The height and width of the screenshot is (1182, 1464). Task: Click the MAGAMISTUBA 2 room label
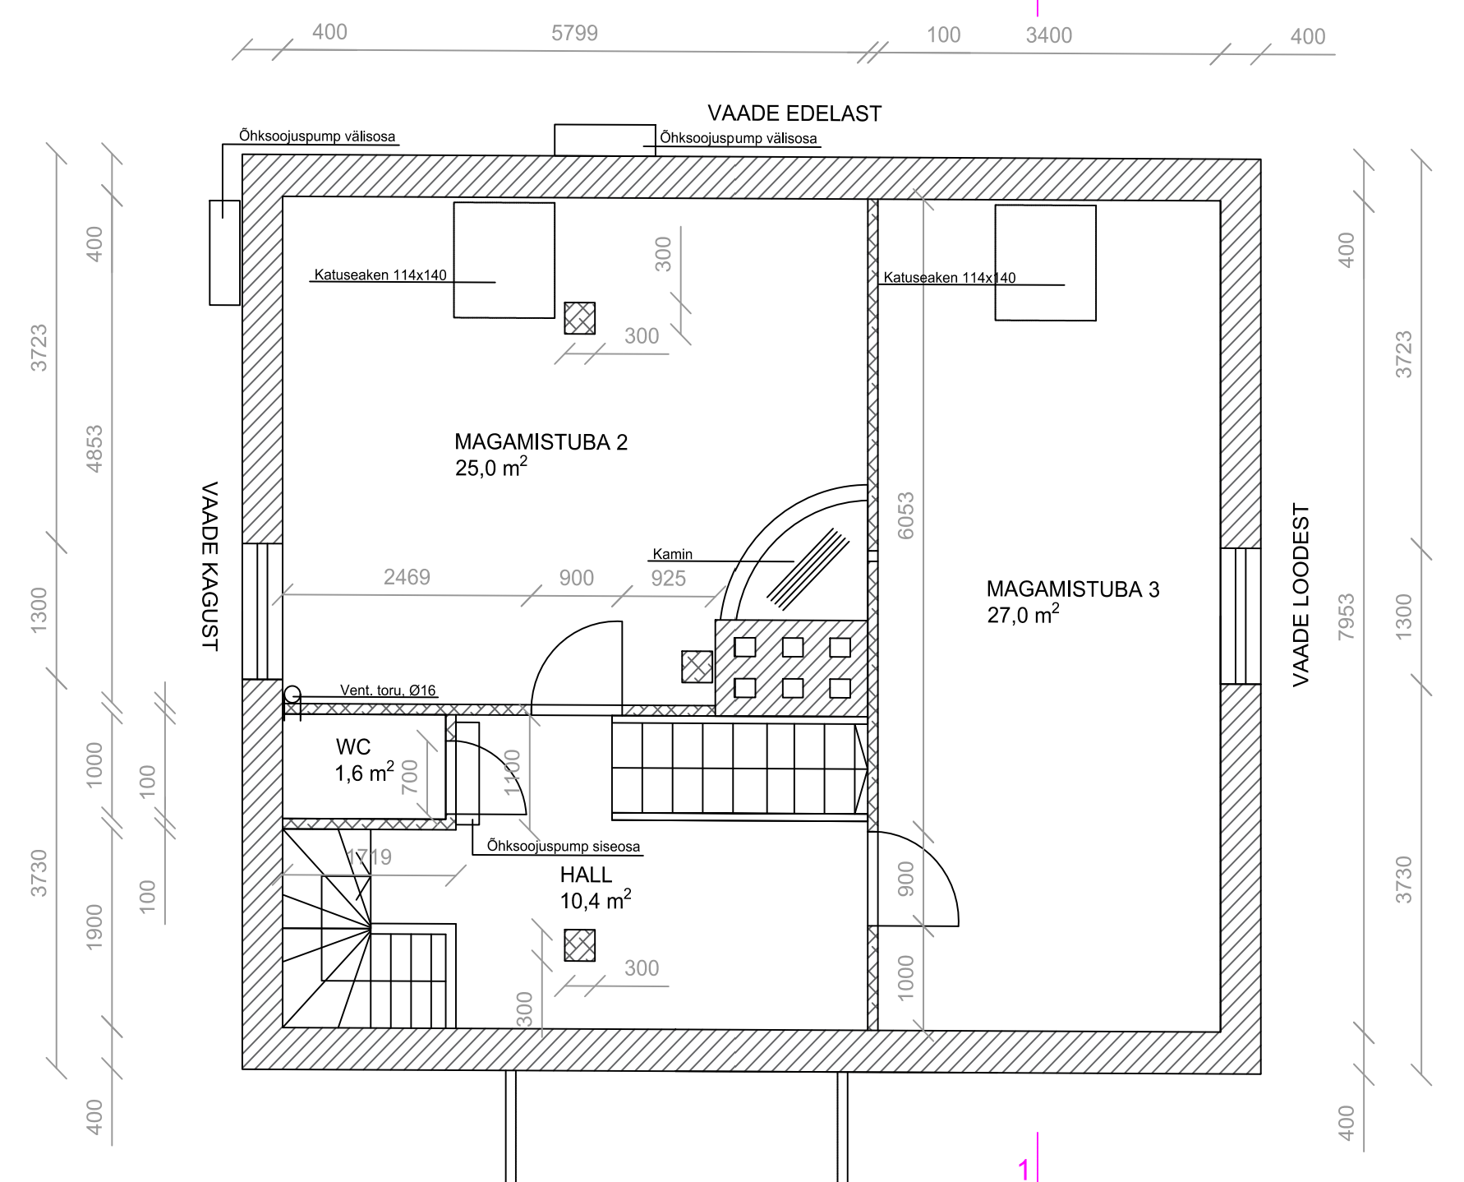541,443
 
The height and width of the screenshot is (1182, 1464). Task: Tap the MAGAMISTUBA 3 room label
1073,589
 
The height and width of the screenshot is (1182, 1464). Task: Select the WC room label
353,747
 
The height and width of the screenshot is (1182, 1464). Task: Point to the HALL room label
586,875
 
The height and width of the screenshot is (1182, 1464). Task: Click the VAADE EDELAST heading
794,113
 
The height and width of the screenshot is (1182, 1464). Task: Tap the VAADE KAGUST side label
209,566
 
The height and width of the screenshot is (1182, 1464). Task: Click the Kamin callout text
673,554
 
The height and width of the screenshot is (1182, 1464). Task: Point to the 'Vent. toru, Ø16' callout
388,690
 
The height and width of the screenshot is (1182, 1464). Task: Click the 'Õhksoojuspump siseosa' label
564,846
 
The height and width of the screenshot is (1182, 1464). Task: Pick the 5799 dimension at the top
574,34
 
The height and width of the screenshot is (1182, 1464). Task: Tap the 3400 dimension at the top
1049,35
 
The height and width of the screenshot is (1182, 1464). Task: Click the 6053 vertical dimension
905,515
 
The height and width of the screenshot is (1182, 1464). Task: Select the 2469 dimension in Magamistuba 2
407,577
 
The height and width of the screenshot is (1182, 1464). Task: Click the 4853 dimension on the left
94,449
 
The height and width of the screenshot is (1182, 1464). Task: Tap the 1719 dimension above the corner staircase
369,856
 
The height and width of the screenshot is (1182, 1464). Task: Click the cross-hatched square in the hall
579,945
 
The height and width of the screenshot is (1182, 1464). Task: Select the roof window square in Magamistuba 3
1045,262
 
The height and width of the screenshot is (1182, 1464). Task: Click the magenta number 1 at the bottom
1024,1169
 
